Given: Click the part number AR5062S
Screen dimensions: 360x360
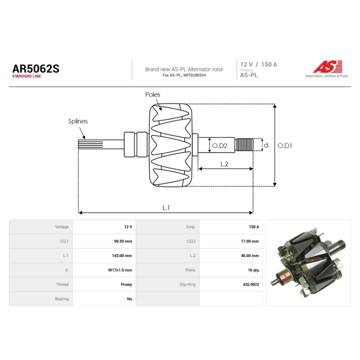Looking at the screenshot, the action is click(36, 69).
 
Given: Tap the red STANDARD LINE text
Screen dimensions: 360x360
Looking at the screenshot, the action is click(27, 76).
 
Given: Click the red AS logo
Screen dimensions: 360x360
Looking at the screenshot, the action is click(328, 67).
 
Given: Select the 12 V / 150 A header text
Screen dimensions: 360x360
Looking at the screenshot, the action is click(258, 64).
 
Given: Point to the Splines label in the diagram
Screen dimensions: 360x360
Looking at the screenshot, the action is click(78, 121).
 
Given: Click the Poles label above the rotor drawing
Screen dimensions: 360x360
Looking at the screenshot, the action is click(153, 94).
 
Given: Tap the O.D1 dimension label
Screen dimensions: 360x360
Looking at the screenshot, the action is click(285, 145).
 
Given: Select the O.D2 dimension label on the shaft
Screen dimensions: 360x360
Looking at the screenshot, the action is click(220, 145).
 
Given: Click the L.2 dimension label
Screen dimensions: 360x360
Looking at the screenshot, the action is click(224, 164).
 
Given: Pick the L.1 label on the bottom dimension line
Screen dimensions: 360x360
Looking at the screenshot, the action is click(166, 207).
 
